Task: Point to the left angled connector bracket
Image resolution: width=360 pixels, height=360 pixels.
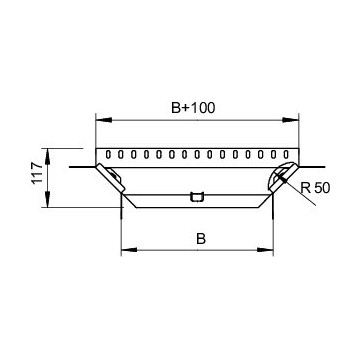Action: [112, 179]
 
